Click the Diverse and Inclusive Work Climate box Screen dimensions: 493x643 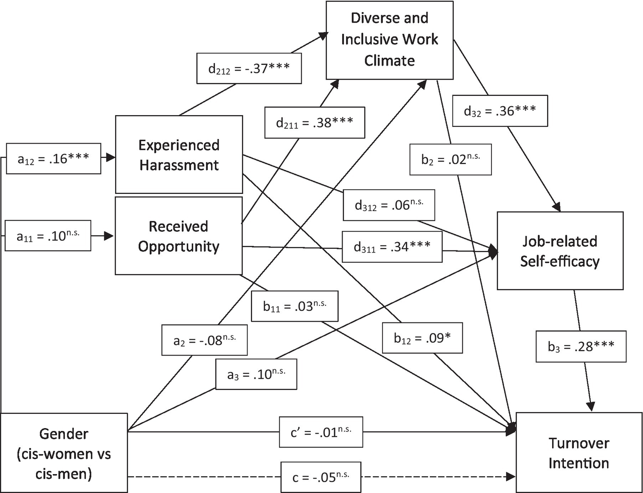pos(390,40)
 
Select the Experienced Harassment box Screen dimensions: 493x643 pos(179,155)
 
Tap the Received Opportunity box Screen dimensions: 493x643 pos(179,236)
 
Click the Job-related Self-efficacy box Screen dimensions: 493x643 pos(560,251)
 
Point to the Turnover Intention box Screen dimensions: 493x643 pos(578,452)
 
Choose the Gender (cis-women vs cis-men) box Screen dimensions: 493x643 pos(64,453)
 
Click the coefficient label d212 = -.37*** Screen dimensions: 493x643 pos(249,68)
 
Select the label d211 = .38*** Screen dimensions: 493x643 pos(315,123)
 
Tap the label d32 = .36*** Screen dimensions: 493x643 pos(500,111)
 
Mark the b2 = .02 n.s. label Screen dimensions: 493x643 pos(450,160)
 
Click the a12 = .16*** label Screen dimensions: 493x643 pos(53,159)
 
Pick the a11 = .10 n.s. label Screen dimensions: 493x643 pos(48,236)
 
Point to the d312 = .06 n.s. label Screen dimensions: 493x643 pos(389,205)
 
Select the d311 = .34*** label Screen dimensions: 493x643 pos(392,247)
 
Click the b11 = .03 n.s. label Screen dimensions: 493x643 pos(294,306)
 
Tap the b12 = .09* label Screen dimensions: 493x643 pos(422,338)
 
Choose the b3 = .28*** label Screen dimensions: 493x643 pos(581,346)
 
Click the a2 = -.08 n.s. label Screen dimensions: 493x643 pos(204,340)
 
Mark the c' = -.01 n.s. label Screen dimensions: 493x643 pos(321,432)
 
